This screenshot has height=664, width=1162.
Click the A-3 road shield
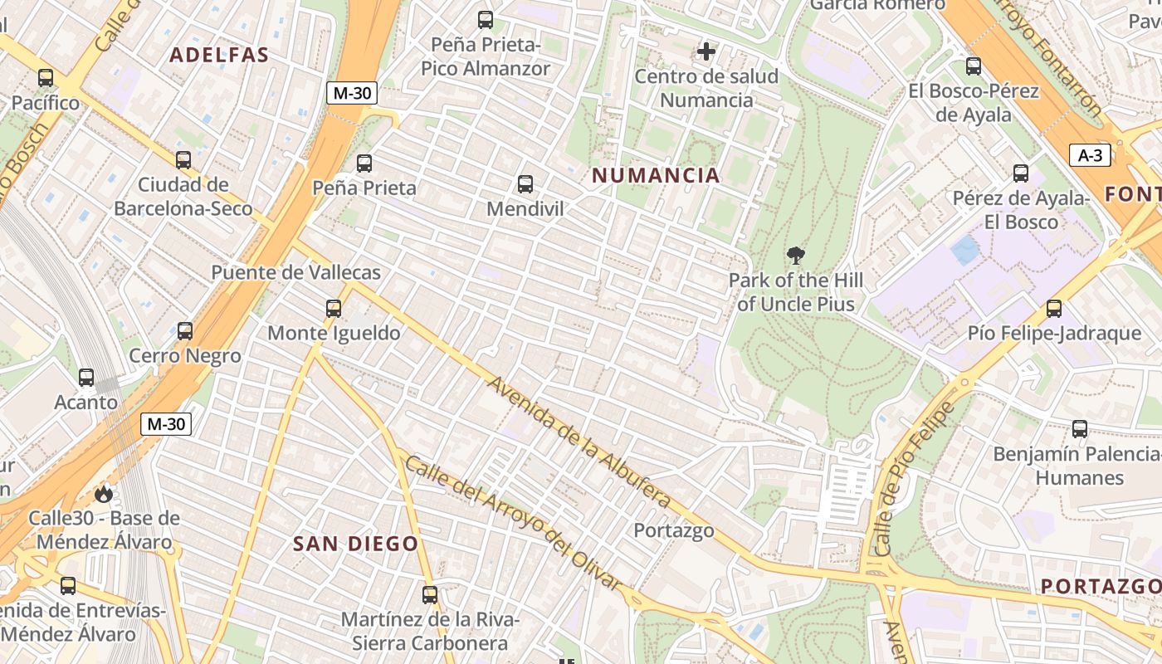pyautogui.click(x=1090, y=155)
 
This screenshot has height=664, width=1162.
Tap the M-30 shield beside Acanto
pyautogui.click(x=166, y=424)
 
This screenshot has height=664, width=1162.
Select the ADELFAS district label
pyautogui.click(x=219, y=56)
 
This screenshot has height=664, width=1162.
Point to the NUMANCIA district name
pyautogui.click(x=656, y=175)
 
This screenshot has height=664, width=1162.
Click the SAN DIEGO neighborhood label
pyautogui.click(x=355, y=544)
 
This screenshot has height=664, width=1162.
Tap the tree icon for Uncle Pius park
pyautogui.click(x=795, y=255)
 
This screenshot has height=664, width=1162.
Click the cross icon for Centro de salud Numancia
pyautogui.click(x=706, y=52)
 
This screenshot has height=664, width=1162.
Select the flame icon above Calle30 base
pyautogui.click(x=103, y=494)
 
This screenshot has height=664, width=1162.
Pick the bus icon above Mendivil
pyautogui.click(x=525, y=184)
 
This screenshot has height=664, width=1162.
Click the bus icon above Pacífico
pyautogui.click(x=46, y=78)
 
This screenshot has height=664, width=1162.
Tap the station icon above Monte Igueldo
pyautogui.click(x=334, y=309)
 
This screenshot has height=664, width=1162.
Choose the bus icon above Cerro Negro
pyautogui.click(x=185, y=331)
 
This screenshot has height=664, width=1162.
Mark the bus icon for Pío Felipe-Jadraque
pyautogui.click(x=1054, y=309)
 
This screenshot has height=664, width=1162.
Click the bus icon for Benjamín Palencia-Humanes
pyautogui.click(x=1080, y=429)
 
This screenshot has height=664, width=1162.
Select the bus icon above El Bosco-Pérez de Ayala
pyautogui.click(x=974, y=66)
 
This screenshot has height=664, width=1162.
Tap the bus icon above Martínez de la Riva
pyautogui.click(x=429, y=595)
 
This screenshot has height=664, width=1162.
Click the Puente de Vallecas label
pyautogui.click(x=295, y=272)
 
